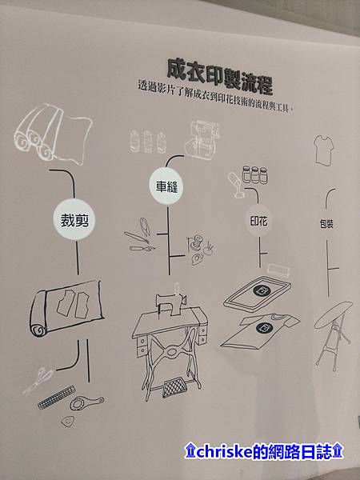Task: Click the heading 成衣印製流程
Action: [x=219, y=76]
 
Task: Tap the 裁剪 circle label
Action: [x=74, y=220]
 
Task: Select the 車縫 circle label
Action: [x=166, y=186]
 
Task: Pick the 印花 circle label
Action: [x=259, y=221]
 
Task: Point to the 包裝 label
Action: [x=326, y=224]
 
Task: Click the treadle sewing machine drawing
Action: [x=170, y=342]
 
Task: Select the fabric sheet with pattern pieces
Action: [x=66, y=309]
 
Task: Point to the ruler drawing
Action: [x=57, y=397]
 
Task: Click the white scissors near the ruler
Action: [x=39, y=381]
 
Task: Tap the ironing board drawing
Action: [x=333, y=334]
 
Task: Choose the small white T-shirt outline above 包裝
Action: [x=323, y=150]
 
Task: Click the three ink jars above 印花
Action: [x=254, y=174]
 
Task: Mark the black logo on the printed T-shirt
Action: [x=264, y=329]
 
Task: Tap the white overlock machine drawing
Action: [x=202, y=140]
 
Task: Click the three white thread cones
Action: [x=148, y=142]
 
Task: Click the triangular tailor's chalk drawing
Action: [x=67, y=422]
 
